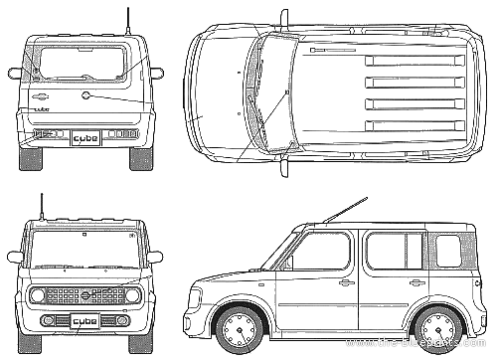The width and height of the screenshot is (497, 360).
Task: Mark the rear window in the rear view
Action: pyautogui.click(x=84, y=62)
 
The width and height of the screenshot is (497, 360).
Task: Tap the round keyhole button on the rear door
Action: pyautogui.click(x=86, y=96)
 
